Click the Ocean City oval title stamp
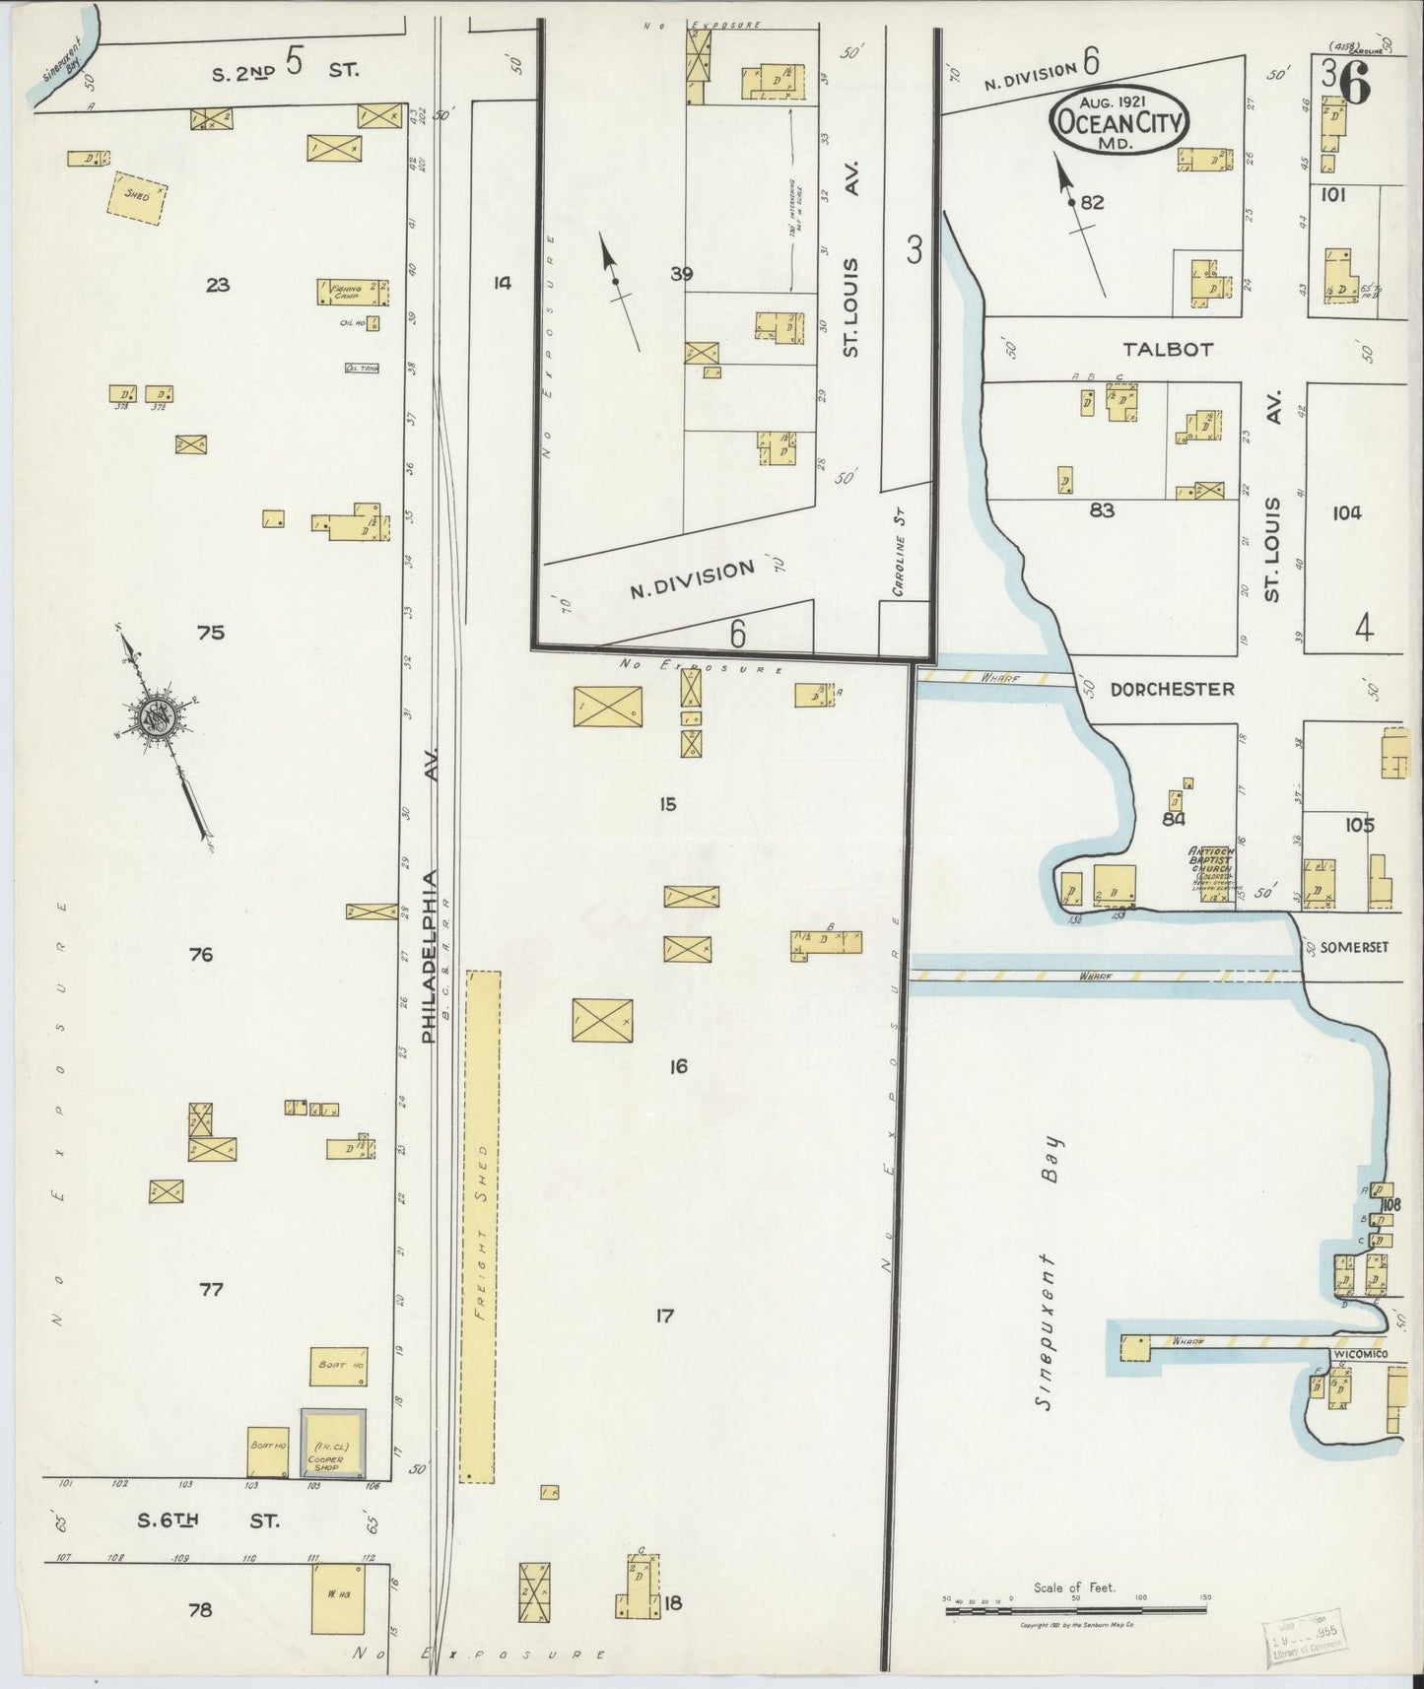coord(1119,121)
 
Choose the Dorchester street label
coord(1172,689)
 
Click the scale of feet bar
coord(1074,1610)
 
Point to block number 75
coord(211,633)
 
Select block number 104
coord(1345,512)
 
